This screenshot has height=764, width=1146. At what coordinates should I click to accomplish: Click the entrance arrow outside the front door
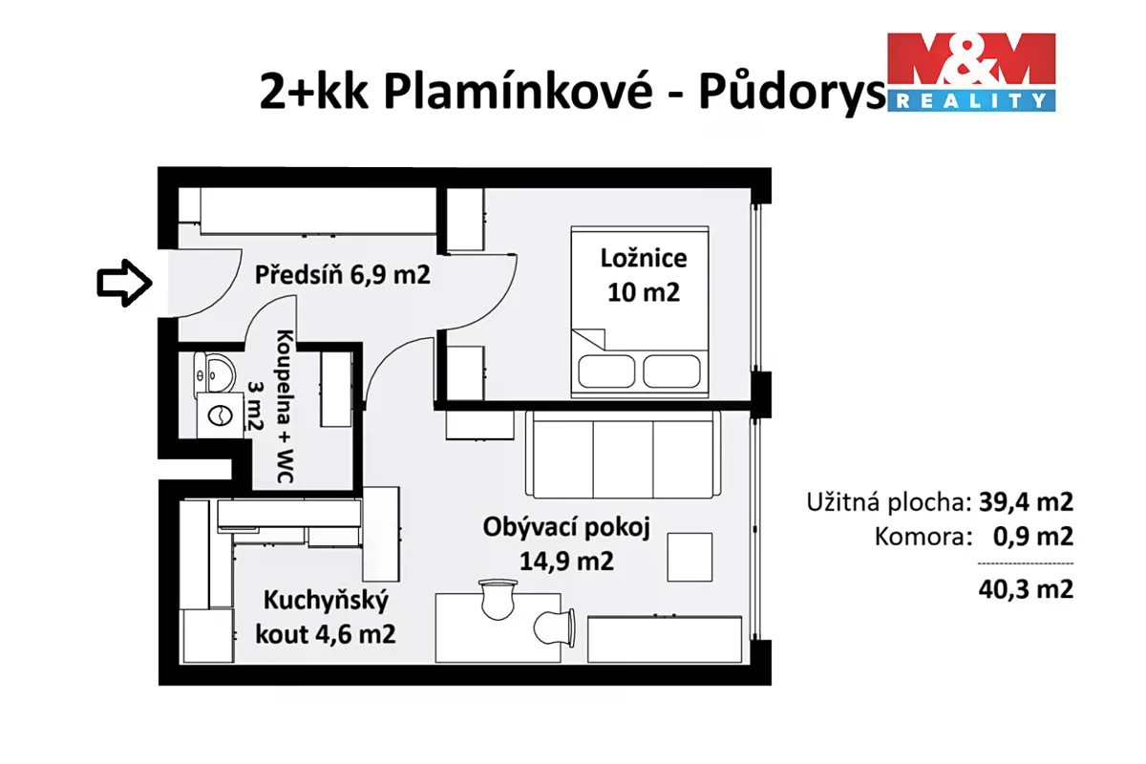coord(124,283)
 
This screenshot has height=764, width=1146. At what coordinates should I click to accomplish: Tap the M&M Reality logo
coord(971,73)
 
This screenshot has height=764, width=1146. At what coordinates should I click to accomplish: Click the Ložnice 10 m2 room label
coord(644,275)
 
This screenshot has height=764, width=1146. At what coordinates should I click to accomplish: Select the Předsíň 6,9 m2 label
coord(342,275)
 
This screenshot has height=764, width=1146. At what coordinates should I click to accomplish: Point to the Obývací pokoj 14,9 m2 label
coord(566,544)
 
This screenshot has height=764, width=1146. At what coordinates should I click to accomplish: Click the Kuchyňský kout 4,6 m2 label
coord(326,617)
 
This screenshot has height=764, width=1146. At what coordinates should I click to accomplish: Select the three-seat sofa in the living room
coord(623,454)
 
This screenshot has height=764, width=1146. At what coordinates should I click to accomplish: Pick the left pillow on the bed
coord(606,371)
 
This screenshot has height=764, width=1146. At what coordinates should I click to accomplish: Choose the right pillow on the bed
coord(671,371)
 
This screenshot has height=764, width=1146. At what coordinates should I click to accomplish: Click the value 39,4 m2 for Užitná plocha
coord(1026,502)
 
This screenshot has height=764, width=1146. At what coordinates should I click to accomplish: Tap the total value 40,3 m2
coord(1026,589)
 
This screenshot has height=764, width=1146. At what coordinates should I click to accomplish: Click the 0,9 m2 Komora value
coord(1033,537)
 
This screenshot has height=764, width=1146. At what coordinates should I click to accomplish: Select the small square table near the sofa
coord(690,557)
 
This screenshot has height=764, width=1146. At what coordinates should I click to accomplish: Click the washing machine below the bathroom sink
coord(221,415)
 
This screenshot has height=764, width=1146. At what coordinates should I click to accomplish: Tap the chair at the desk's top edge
coord(498,599)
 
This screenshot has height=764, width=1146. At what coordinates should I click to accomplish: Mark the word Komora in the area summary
coord(923,537)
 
